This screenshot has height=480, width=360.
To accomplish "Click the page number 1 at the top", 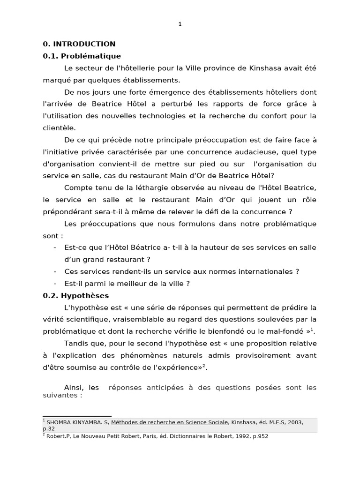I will point(180,25).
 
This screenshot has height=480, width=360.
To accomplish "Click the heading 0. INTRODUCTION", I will point(79,44).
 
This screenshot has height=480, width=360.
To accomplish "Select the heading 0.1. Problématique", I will point(82,56).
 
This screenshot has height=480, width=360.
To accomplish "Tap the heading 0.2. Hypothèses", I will point(75,296).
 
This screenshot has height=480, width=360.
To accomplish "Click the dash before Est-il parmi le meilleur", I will point(55,284).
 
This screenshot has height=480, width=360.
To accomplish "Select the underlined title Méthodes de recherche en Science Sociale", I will point(170,423).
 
